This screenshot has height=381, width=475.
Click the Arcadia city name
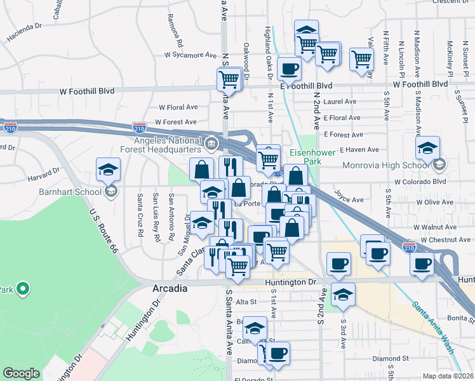tap(170, 288)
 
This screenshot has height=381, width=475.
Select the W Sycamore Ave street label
tap(190, 55)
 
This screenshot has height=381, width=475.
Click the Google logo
tap(21, 373)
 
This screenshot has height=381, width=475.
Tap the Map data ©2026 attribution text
tap(447, 376)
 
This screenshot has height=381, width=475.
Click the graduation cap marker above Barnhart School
tap(108, 170)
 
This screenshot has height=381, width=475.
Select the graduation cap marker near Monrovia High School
tap(428, 148)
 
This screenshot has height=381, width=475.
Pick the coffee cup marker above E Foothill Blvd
tap(289, 68)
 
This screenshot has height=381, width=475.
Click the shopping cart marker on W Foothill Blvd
tap(229, 79)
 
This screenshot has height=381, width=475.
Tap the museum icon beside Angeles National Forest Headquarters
tap(210, 142)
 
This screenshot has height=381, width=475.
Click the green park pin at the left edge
tap(23, 290)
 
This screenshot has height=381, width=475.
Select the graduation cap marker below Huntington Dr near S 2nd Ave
tap(343, 295)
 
